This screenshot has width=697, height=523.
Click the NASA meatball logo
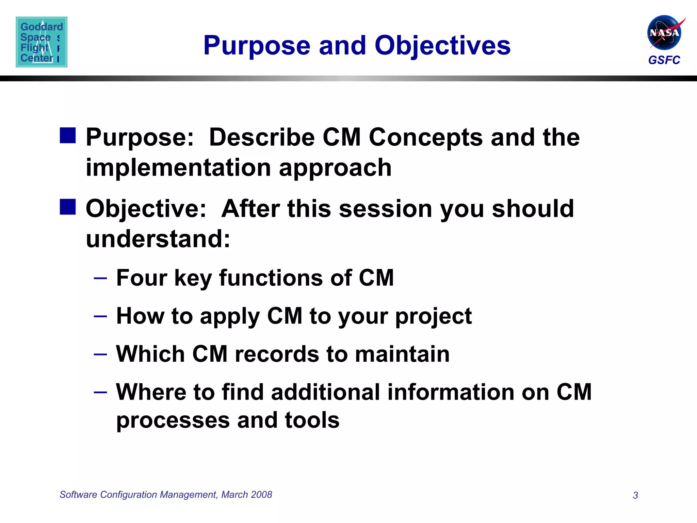tap(664, 32)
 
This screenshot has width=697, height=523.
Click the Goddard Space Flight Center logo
tap(42, 42)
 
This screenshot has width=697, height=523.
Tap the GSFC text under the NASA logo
tap(664, 60)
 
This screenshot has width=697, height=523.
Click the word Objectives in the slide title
tap(442, 46)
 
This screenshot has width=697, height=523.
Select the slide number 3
tap(635, 495)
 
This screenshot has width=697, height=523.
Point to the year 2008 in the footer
tap(262, 494)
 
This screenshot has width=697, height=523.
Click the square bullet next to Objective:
tap(68, 207)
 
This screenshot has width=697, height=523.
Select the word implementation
tap(178, 168)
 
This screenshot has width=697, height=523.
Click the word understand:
tap(158, 239)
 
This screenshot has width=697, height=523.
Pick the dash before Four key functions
tap(100, 278)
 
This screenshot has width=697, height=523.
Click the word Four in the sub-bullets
tap(142, 278)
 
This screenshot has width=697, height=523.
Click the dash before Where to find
tap(100, 392)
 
